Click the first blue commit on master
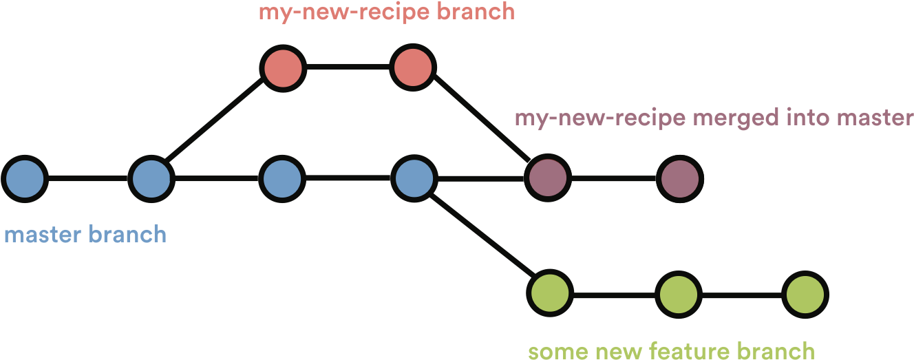pyautogui.click(x=25, y=178)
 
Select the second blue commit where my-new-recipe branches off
pyautogui.click(x=151, y=178)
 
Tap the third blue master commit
pyautogui.click(x=283, y=178)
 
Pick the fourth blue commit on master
pyautogui.click(x=414, y=178)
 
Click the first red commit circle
pyautogui.click(x=283, y=67)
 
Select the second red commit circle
pyautogui.click(x=413, y=67)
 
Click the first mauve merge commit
pyautogui.click(x=548, y=178)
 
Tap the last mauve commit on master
pyautogui.click(x=679, y=178)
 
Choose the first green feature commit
pyautogui.click(x=550, y=294)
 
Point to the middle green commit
pyautogui.click(x=679, y=294)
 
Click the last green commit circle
pyautogui.click(x=805, y=294)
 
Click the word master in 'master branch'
pyautogui.click(x=43, y=235)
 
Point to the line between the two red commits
pyautogui.click(x=348, y=67)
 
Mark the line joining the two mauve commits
pyautogui.click(x=613, y=178)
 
